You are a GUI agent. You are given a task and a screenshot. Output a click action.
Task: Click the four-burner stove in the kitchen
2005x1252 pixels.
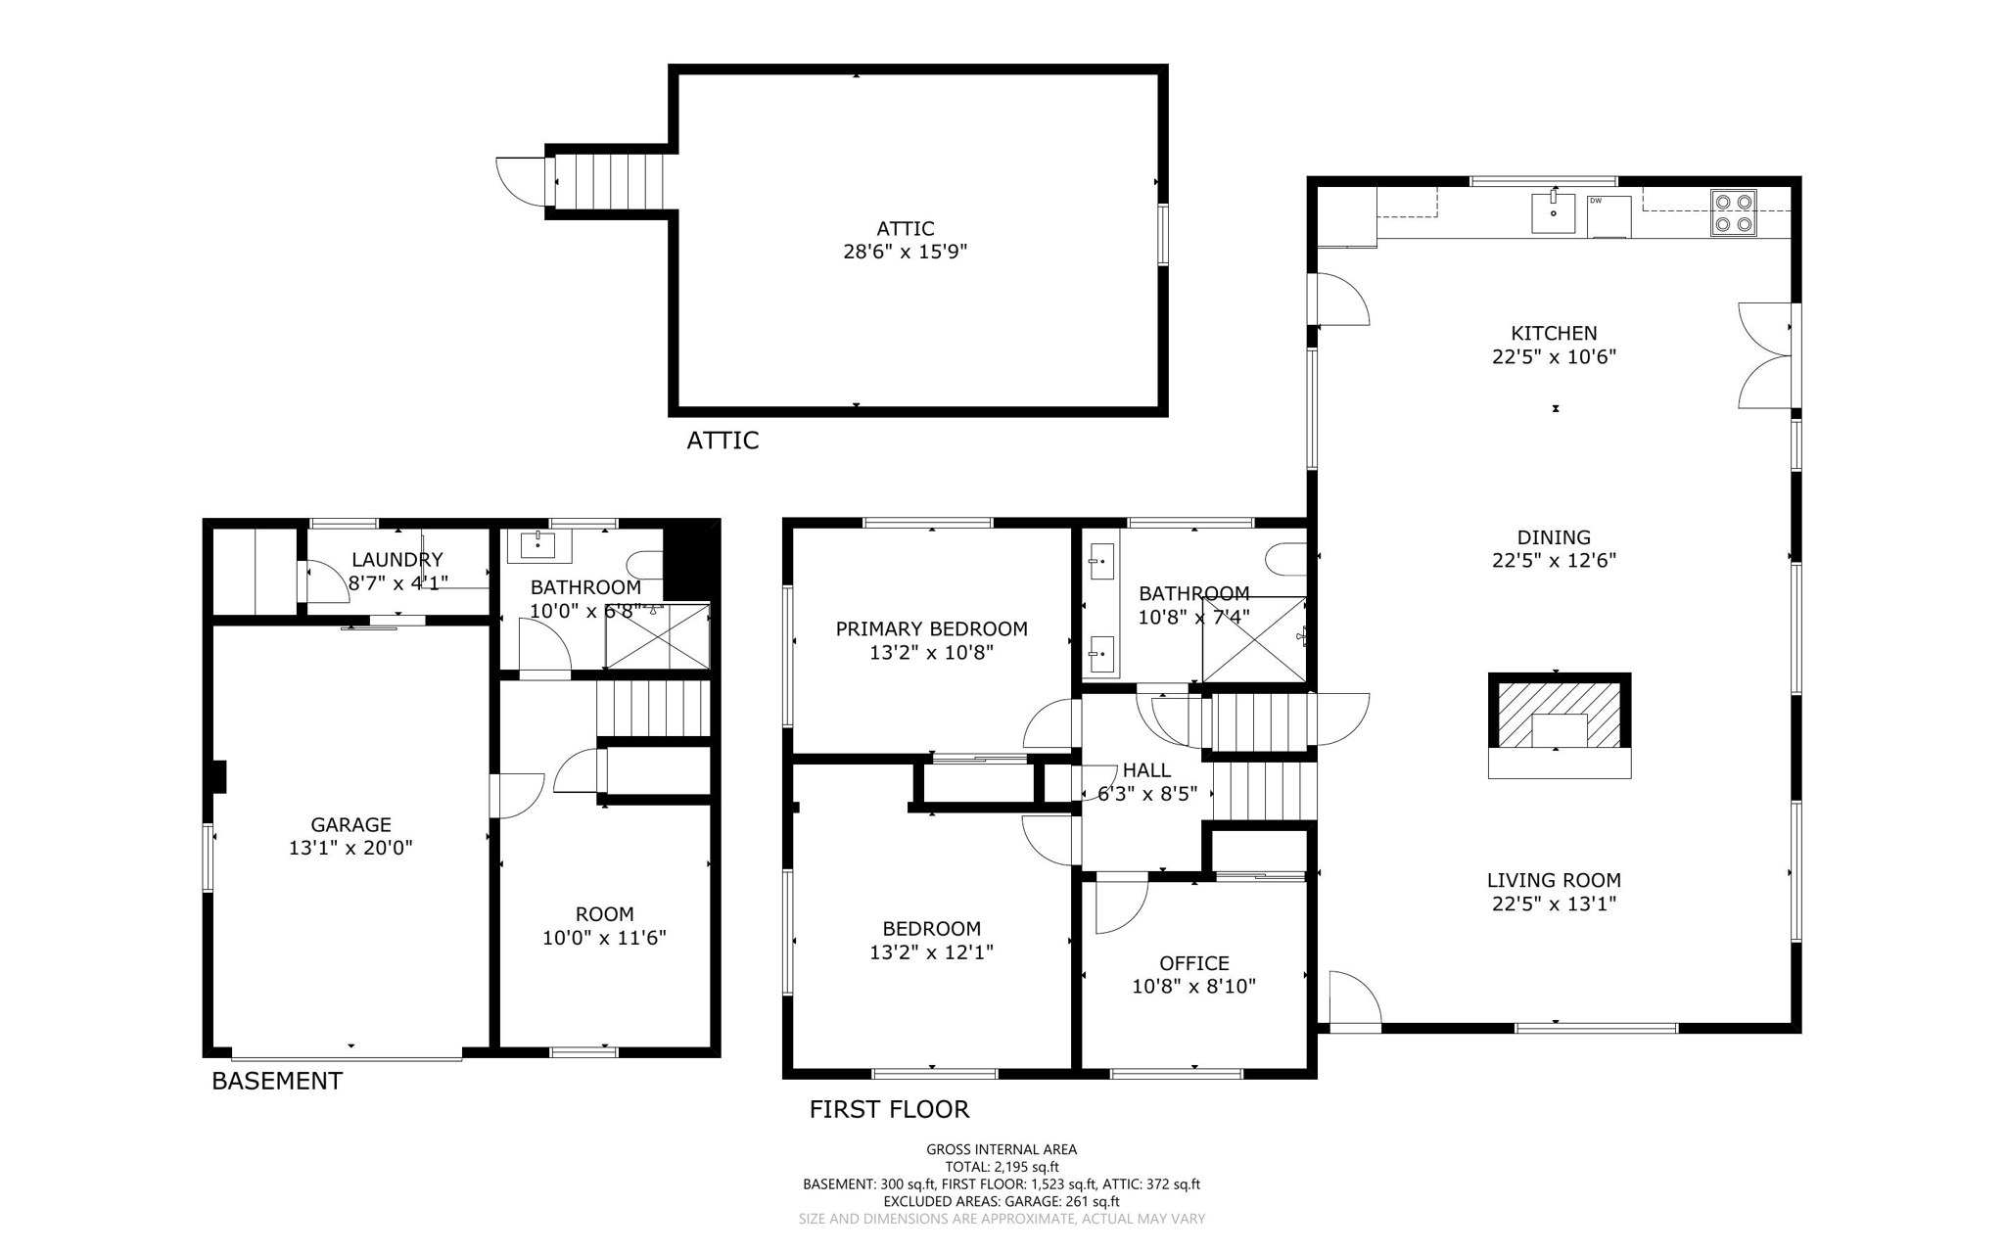(1733, 213)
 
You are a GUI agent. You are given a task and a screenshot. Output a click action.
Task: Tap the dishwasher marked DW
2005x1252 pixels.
(1609, 216)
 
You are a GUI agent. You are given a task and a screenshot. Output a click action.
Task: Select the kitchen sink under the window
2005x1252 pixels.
(1553, 212)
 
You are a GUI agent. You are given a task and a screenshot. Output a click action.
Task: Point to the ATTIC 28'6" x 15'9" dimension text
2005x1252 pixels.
(905, 252)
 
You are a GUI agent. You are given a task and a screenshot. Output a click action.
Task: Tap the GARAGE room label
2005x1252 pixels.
(350, 824)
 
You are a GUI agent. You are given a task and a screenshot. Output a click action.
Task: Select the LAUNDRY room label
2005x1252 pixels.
(396, 559)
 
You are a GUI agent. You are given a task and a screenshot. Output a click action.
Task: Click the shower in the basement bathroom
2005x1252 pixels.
(658, 636)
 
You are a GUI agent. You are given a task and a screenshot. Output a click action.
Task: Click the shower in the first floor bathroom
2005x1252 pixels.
(1254, 639)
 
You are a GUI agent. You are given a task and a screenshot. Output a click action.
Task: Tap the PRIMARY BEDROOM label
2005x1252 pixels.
(931, 628)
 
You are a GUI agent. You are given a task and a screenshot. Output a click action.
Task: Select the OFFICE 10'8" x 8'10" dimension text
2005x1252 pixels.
(1193, 987)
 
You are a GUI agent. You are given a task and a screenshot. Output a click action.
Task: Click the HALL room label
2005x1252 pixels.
(1146, 769)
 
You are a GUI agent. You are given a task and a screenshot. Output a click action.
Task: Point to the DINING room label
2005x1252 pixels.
(1553, 536)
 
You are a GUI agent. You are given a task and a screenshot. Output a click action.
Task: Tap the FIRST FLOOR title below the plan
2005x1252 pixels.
(888, 1109)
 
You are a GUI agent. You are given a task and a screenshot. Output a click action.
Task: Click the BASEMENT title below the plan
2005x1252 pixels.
(277, 1081)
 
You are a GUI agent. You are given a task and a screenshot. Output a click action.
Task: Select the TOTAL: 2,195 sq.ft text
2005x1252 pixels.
(1001, 1167)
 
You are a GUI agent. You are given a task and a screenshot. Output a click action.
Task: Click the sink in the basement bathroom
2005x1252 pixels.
(538, 545)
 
